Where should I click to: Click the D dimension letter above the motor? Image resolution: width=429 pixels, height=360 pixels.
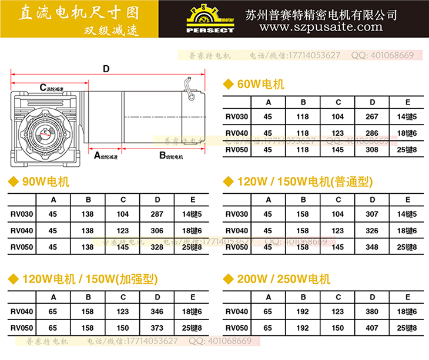tap(106, 69)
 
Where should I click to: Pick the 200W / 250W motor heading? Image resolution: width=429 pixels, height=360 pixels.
tap(284, 278)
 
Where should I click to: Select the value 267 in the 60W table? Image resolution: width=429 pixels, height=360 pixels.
tap(372, 117)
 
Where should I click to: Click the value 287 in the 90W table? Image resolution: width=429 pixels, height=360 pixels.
tap(157, 214)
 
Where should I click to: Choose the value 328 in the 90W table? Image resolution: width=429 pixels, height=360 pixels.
tap(157, 248)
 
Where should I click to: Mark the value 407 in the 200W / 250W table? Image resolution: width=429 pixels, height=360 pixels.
tap(372, 327)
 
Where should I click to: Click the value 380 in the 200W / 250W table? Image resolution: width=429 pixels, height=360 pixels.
tap(372, 311)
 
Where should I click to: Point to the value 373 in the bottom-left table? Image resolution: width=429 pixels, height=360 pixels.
tap(157, 327)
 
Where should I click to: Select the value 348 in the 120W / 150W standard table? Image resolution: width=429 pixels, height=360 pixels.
tap(372, 248)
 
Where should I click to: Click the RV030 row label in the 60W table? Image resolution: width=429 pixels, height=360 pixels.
tap(237, 117)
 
